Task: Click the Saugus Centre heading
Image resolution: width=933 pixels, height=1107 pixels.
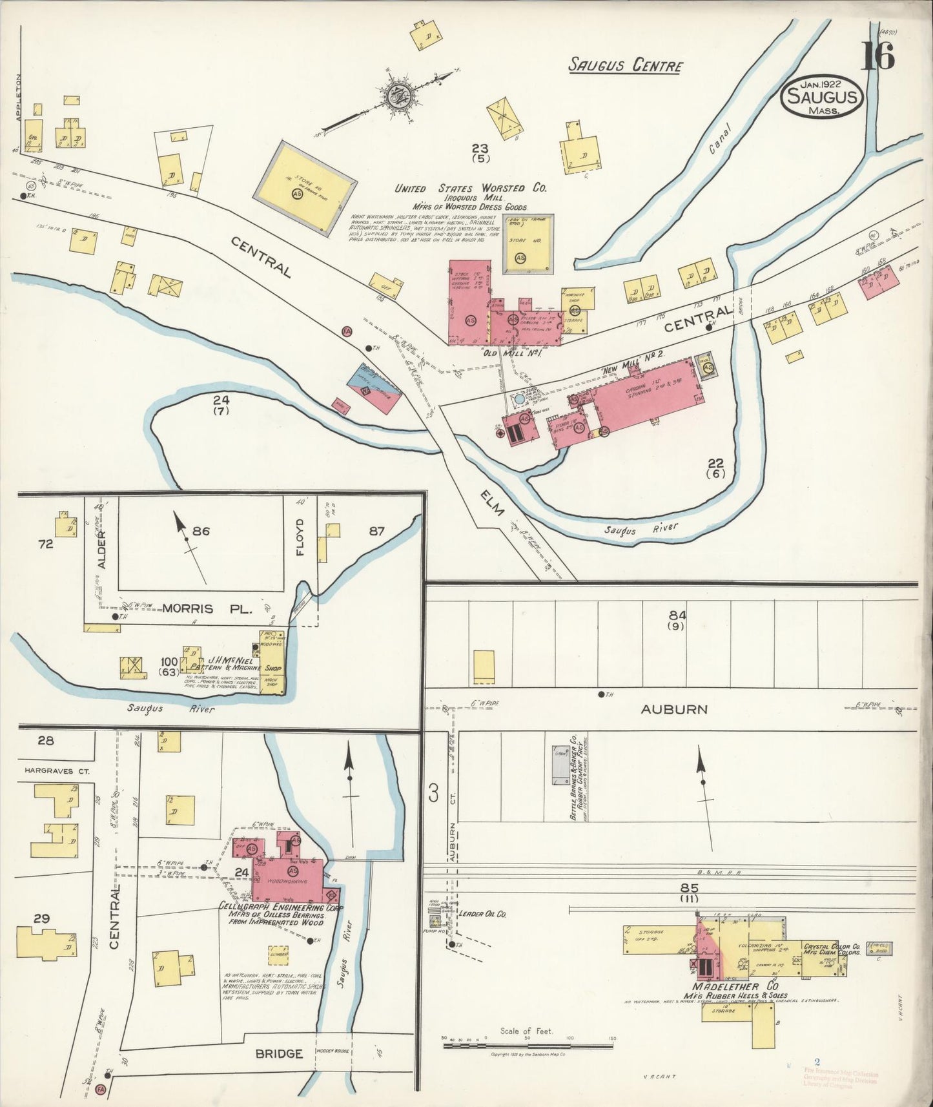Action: tap(624, 65)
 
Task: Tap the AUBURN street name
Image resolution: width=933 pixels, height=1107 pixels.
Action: tap(673, 709)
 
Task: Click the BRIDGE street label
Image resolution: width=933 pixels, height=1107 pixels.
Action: tap(279, 1053)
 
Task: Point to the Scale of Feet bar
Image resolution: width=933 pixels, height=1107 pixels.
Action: tap(528, 1044)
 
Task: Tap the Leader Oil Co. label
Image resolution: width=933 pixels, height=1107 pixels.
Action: tap(482, 914)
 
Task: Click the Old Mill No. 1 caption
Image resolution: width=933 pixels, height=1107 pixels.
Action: tap(517, 353)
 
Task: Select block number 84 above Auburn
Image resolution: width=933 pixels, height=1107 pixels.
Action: tap(677, 615)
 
